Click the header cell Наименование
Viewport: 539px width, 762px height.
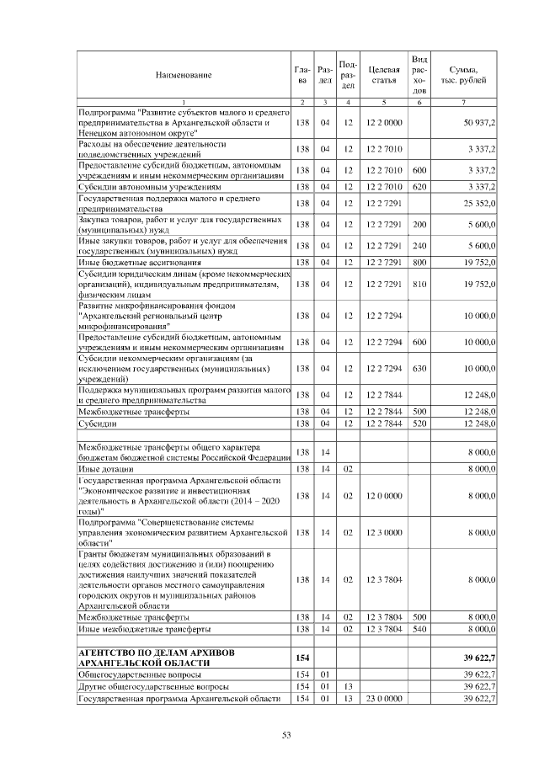point(183,75)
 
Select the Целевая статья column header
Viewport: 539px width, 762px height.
point(383,75)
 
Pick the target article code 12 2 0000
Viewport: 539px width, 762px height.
point(384,123)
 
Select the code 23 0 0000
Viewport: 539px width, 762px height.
point(384,700)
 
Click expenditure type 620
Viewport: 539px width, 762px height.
point(419,186)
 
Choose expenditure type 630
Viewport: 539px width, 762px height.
point(419,369)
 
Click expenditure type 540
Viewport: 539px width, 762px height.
point(419,629)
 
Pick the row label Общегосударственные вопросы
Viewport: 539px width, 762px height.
point(125,675)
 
